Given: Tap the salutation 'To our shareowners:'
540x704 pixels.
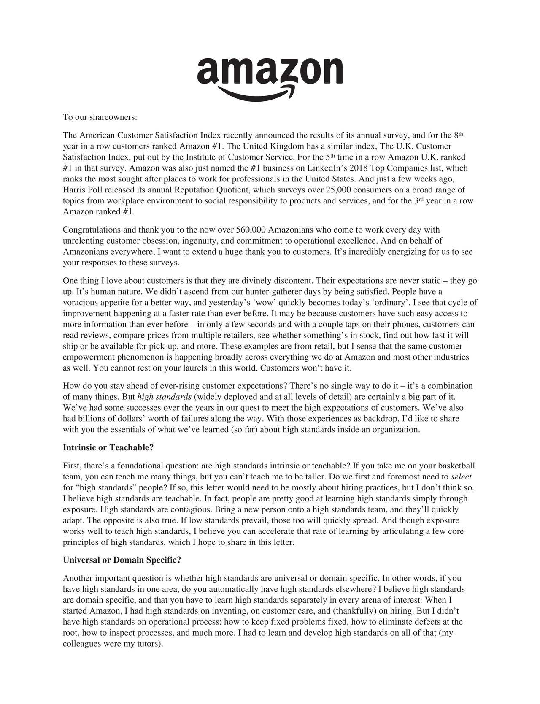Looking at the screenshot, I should click(x=100, y=117).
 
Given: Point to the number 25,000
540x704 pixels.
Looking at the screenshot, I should click(x=343, y=190).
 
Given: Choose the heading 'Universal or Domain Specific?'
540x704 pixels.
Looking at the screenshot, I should click(x=122, y=560).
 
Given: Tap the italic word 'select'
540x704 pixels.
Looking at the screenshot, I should click(x=461, y=477).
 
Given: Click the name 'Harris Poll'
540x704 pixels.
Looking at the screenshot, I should click(x=81, y=190).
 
